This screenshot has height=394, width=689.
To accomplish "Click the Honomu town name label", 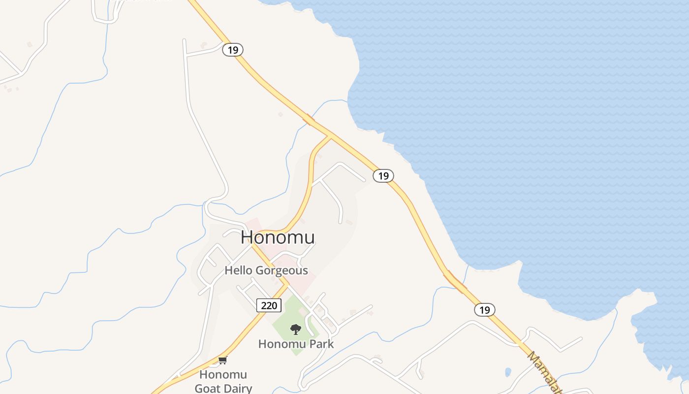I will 278,238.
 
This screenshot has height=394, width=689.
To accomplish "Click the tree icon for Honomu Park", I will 295,329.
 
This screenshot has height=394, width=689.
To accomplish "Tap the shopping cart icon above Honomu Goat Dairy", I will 222,360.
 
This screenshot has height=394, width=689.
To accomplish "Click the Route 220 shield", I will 269,305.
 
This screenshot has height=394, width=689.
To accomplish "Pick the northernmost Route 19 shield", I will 233,50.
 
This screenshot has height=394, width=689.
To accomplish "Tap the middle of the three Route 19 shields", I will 383,175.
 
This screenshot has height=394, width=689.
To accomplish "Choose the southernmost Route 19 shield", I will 485,309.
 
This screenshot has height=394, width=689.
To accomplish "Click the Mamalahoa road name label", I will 544,372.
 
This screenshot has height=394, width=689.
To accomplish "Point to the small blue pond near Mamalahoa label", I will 508,372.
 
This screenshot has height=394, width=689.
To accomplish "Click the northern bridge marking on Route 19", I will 309,119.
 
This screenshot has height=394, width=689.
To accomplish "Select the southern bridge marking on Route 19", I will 455,282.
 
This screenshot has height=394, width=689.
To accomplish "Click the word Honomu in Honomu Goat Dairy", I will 223,375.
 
